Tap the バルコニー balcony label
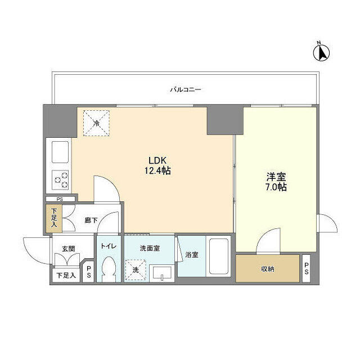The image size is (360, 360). [x=186, y=89]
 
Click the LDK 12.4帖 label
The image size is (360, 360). [x=157, y=165]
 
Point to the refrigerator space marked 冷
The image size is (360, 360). [x=96, y=123]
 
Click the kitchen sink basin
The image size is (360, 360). [x=60, y=152]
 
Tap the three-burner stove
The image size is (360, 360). [x=60, y=180]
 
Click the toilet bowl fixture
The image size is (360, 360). [x=109, y=269]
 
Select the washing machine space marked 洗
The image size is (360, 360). [x=136, y=269]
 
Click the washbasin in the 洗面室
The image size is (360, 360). [x=162, y=273]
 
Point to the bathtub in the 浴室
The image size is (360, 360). [x=219, y=256]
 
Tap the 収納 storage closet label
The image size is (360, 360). [x=268, y=269]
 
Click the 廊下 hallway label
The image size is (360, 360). [x=91, y=220]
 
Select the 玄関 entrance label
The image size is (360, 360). [x=69, y=249]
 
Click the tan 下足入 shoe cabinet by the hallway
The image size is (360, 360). [x=54, y=218]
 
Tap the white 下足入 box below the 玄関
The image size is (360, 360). [x=66, y=275]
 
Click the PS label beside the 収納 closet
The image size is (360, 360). [x=307, y=269]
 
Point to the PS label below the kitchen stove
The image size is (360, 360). [x=60, y=199]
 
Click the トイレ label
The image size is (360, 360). [x=109, y=246]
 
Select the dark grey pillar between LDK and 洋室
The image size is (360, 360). [x=225, y=120]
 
